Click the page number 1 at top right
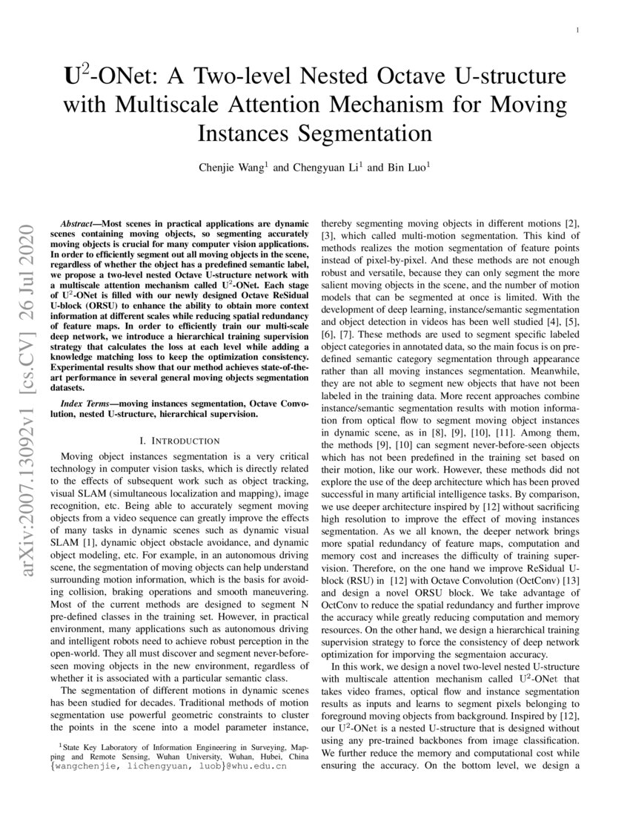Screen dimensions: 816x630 pos(576,30)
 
